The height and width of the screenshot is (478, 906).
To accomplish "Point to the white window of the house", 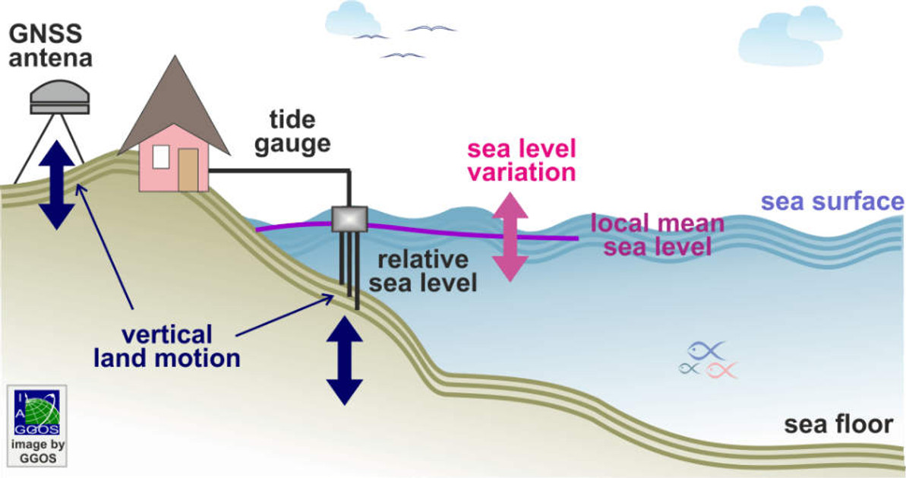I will pyautogui.click(x=161, y=157).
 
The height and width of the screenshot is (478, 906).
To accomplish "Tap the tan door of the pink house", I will pyautogui.click(x=188, y=169).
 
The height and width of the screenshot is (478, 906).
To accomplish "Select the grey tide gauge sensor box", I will pyautogui.click(x=350, y=218).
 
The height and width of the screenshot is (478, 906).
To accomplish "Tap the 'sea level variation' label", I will pyautogui.click(x=520, y=160).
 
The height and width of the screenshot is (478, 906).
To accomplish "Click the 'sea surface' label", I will pyautogui.click(x=832, y=202).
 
